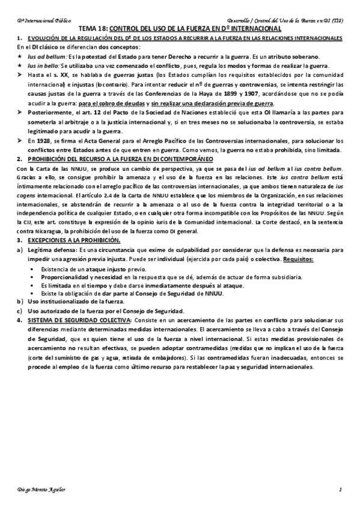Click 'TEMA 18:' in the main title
pyautogui.click(x=93, y=28)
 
